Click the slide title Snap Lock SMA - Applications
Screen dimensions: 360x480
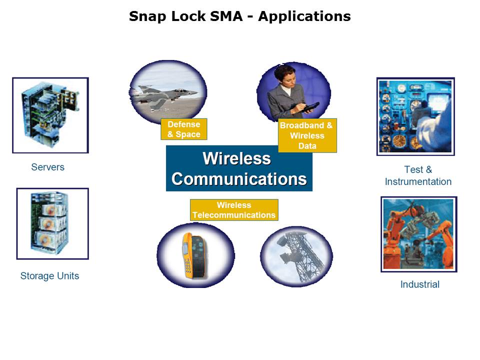coord(239,16)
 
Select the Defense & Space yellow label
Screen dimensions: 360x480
coord(183,129)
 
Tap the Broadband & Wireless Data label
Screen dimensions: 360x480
coord(307,135)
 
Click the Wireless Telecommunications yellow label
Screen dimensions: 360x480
coord(233,210)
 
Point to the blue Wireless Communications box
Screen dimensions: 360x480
coord(239,169)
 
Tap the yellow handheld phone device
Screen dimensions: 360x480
coord(193,255)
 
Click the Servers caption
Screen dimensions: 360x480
coord(47,167)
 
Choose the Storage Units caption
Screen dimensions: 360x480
coord(49,275)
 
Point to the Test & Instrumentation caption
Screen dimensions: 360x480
coord(418,175)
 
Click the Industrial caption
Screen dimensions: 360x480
coord(419,284)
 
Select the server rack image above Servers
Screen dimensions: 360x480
coord(50,115)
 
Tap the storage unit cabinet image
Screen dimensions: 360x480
coord(52,223)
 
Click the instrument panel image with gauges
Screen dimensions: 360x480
coord(415,116)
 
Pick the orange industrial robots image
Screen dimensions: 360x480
coord(418,234)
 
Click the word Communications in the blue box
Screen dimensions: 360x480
coord(239,179)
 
